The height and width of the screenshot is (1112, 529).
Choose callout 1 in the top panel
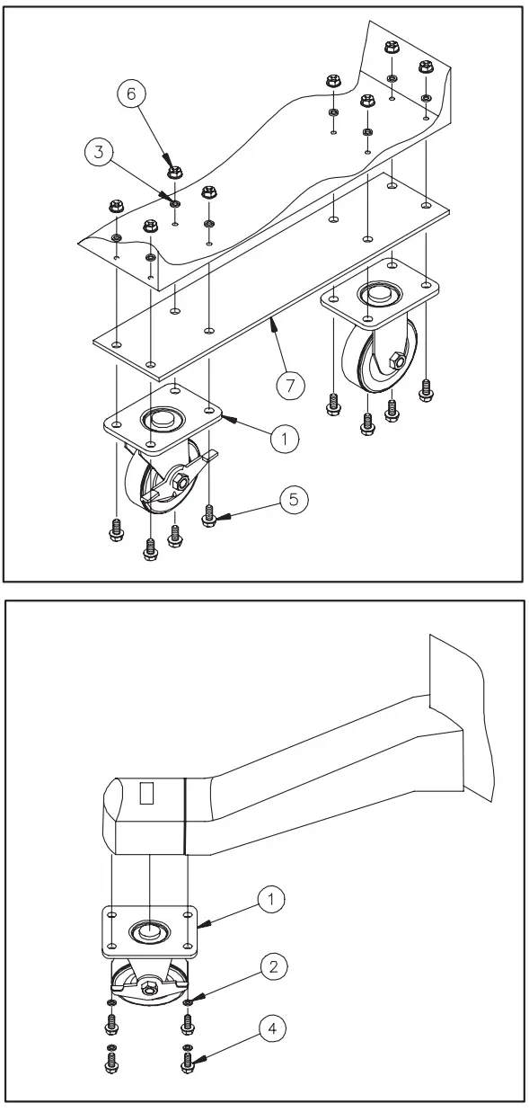[284, 438]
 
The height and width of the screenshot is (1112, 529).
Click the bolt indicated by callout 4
[188, 1062]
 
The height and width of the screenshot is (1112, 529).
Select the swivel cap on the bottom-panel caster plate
[148, 932]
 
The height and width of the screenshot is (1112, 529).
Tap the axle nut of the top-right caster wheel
[394, 362]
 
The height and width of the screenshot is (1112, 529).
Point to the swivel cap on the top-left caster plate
[162, 418]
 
